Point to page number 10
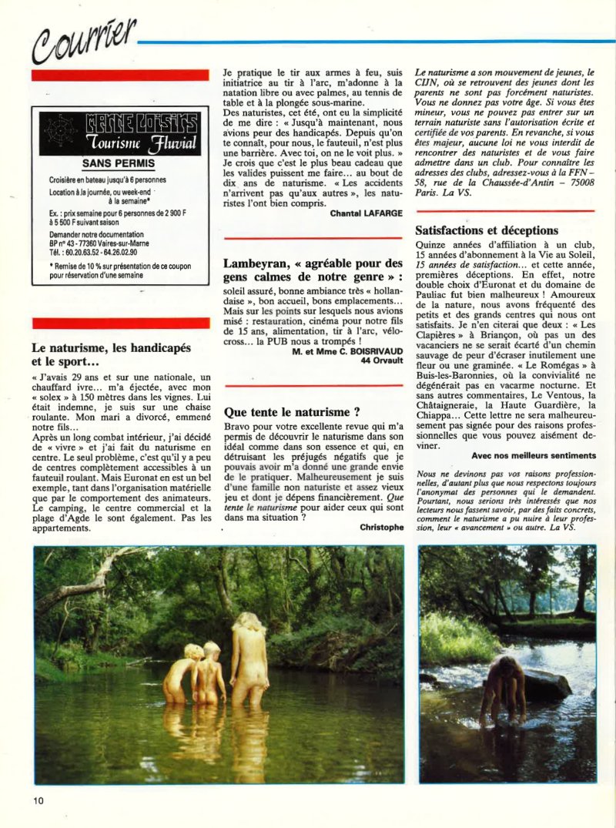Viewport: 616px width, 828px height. pyautogui.click(x=38, y=800)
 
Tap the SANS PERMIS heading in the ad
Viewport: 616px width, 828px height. pyautogui.click(x=119, y=163)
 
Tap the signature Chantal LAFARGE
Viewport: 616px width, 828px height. pyautogui.click(x=366, y=213)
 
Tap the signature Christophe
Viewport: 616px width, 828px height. pyautogui.click(x=380, y=527)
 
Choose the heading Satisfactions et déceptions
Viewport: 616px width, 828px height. pyautogui.click(x=487, y=230)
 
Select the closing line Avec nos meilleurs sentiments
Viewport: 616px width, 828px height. pyautogui.click(x=533, y=455)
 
